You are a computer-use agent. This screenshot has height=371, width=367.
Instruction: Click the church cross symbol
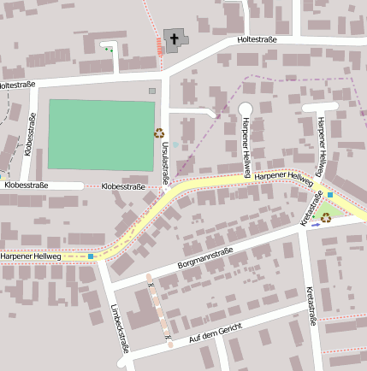point(174,38)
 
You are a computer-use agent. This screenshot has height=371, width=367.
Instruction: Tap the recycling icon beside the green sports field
point(158,132)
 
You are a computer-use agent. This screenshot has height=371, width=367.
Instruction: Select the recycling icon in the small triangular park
point(326,217)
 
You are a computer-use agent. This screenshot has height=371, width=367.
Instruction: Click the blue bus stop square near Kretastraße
point(330,195)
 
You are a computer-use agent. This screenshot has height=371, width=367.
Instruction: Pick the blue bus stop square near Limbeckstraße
point(90,256)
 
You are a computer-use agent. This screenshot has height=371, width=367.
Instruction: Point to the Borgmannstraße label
point(205,258)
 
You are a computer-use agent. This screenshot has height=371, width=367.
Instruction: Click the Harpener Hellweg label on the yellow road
point(285,175)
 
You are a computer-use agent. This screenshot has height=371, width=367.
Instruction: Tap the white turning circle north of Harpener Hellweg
point(245,109)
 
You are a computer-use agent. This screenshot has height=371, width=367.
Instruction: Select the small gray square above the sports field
point(152,91)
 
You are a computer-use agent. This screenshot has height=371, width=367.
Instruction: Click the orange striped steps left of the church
point(160,46)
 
